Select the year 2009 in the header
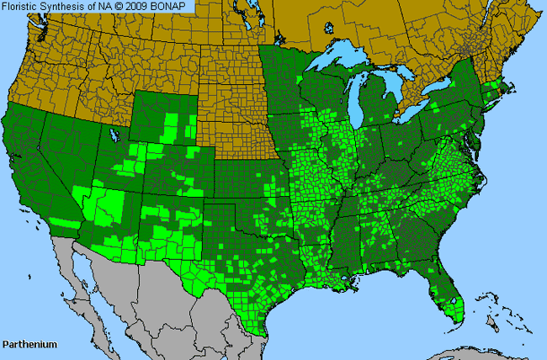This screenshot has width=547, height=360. (135, 7)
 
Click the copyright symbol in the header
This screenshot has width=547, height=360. (115, 7)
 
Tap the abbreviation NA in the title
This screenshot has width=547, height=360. (100, 7)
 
